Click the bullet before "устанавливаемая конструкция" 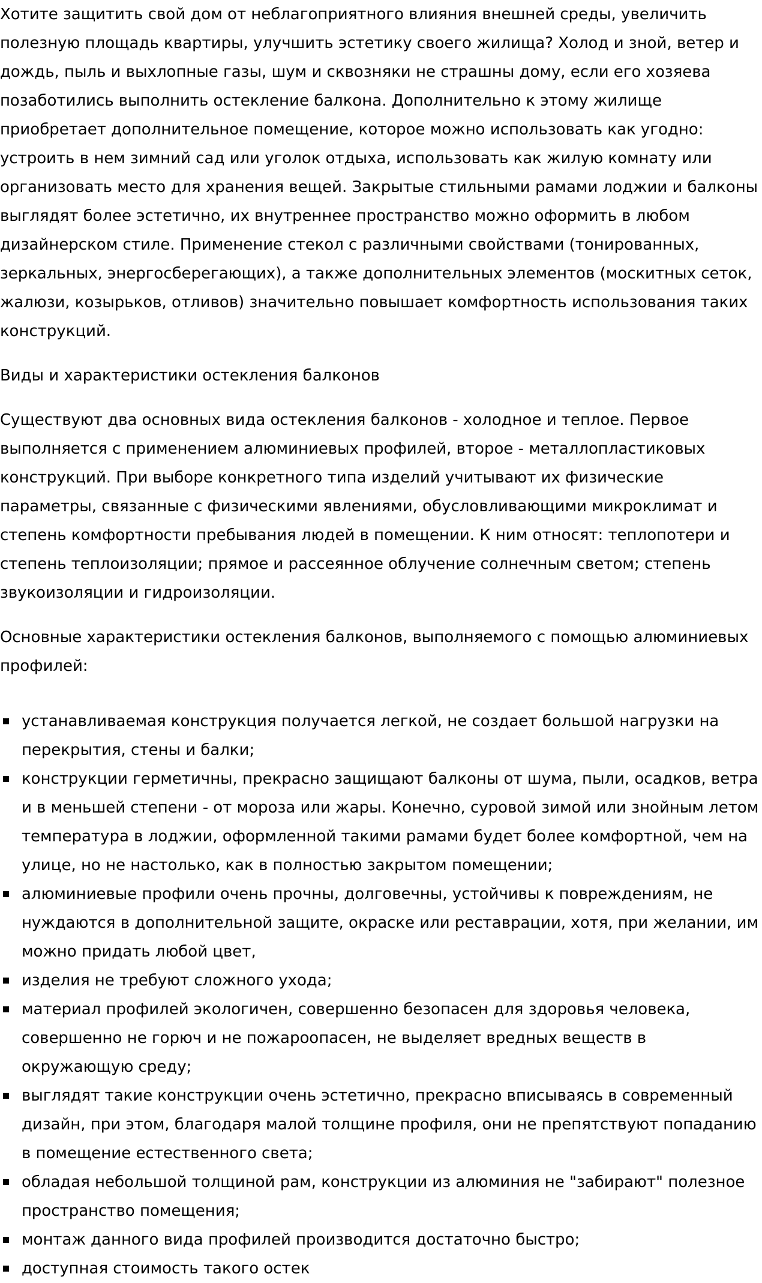[x=7, y=721]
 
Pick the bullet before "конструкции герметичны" [x=7, y=779]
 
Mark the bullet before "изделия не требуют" [x=7, y=981]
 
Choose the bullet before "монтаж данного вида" [x=7, y=1240]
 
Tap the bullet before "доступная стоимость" [x=7, y=1269]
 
